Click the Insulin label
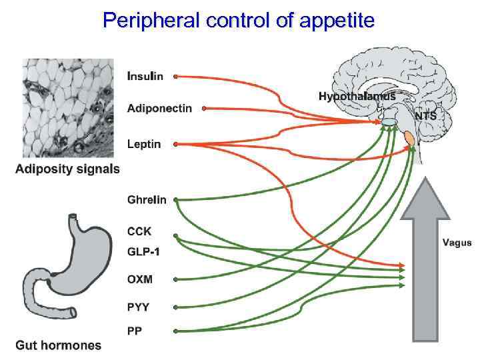point(145,76)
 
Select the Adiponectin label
point(159,108)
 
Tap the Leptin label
point(144,144)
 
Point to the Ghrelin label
point(147,199)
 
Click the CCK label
point(139,232)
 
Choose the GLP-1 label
point(143,252)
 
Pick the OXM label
point(140,279)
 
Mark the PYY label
point(139,307)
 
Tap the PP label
point(134,331)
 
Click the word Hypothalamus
point(357,97)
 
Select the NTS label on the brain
point(426,115)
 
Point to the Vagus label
point(457,243)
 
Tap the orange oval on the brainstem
point(409,139)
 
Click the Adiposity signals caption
point(67,169)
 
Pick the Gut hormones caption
point(59,345)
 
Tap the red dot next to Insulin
point(175,77)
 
